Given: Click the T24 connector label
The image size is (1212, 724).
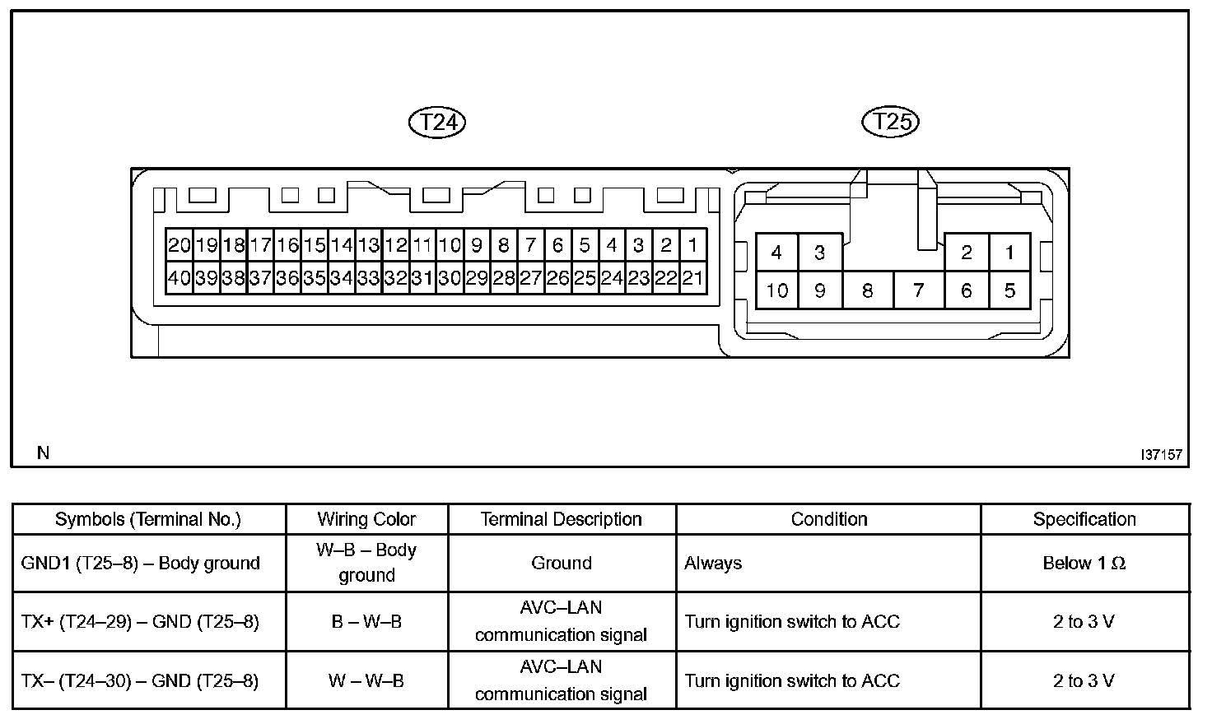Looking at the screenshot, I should [437, 123].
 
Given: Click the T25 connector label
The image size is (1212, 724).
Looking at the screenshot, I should [890, 122].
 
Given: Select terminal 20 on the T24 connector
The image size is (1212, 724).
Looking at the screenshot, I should [179, 245].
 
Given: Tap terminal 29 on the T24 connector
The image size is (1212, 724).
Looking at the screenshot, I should [476, 278].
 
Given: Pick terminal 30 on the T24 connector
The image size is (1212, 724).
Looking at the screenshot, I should [449, 278].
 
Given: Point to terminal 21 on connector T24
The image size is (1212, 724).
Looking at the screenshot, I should [692, 278].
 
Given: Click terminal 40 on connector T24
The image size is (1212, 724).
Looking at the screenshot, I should [179, 278].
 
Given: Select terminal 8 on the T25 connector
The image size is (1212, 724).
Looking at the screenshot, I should [867, 290].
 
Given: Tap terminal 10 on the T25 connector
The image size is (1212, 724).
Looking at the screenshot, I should [776, 290].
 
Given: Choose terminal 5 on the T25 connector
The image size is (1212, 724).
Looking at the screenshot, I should [1009, 290].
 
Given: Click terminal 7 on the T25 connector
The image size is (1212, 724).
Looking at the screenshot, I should [918, 290].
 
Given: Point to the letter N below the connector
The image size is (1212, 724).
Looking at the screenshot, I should [44, 452].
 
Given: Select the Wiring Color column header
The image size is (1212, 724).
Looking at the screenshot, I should [366, 519].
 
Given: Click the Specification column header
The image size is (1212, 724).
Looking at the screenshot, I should [1084, 519].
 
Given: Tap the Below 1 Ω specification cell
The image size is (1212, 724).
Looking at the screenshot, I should [1084, 564].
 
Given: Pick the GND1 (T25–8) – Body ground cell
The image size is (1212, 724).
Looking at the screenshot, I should [141, 564].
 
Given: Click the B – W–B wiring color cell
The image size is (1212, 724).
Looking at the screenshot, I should [366, 622].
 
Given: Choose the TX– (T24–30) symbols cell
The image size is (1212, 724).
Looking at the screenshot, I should [141, 681].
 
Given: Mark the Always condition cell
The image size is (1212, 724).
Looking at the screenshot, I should [713, 564].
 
